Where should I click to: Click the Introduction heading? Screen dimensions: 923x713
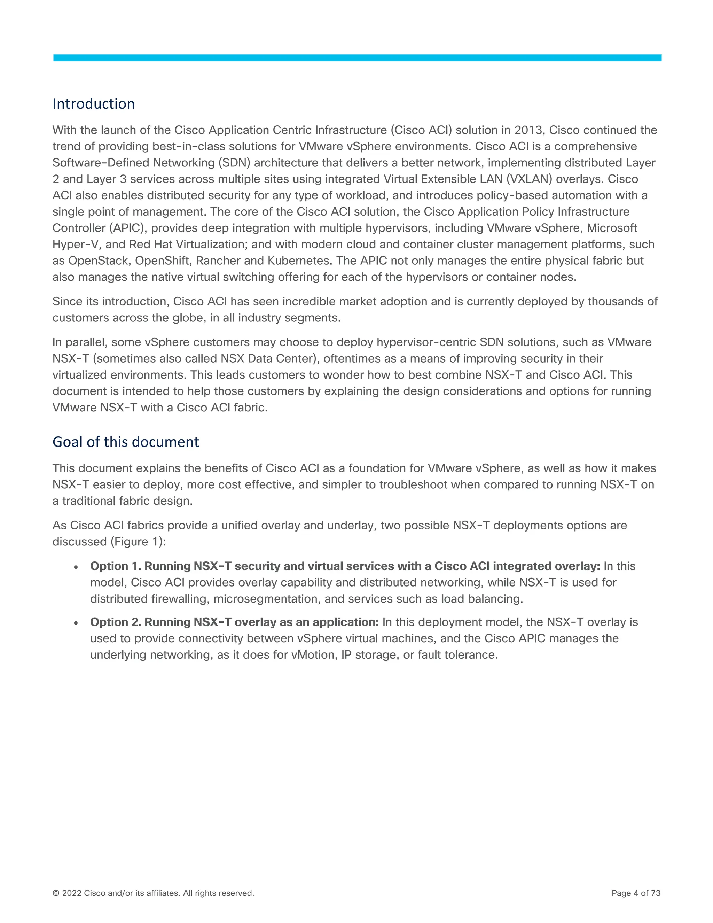tap(93, 104)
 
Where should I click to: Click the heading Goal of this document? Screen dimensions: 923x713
tap(125, 442)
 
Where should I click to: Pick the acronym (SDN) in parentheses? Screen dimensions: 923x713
tap(234, 163)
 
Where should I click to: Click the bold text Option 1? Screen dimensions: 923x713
tap(115, 566)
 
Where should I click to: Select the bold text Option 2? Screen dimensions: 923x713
tap(115, 622)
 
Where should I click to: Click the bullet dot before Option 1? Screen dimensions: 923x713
tap(76, 567)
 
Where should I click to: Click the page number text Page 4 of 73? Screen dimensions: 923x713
tap(636, 893)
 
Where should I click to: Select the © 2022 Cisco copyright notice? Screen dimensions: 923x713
tap(153, 893)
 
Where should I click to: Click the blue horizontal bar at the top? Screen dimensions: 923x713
tap(357, 58)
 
